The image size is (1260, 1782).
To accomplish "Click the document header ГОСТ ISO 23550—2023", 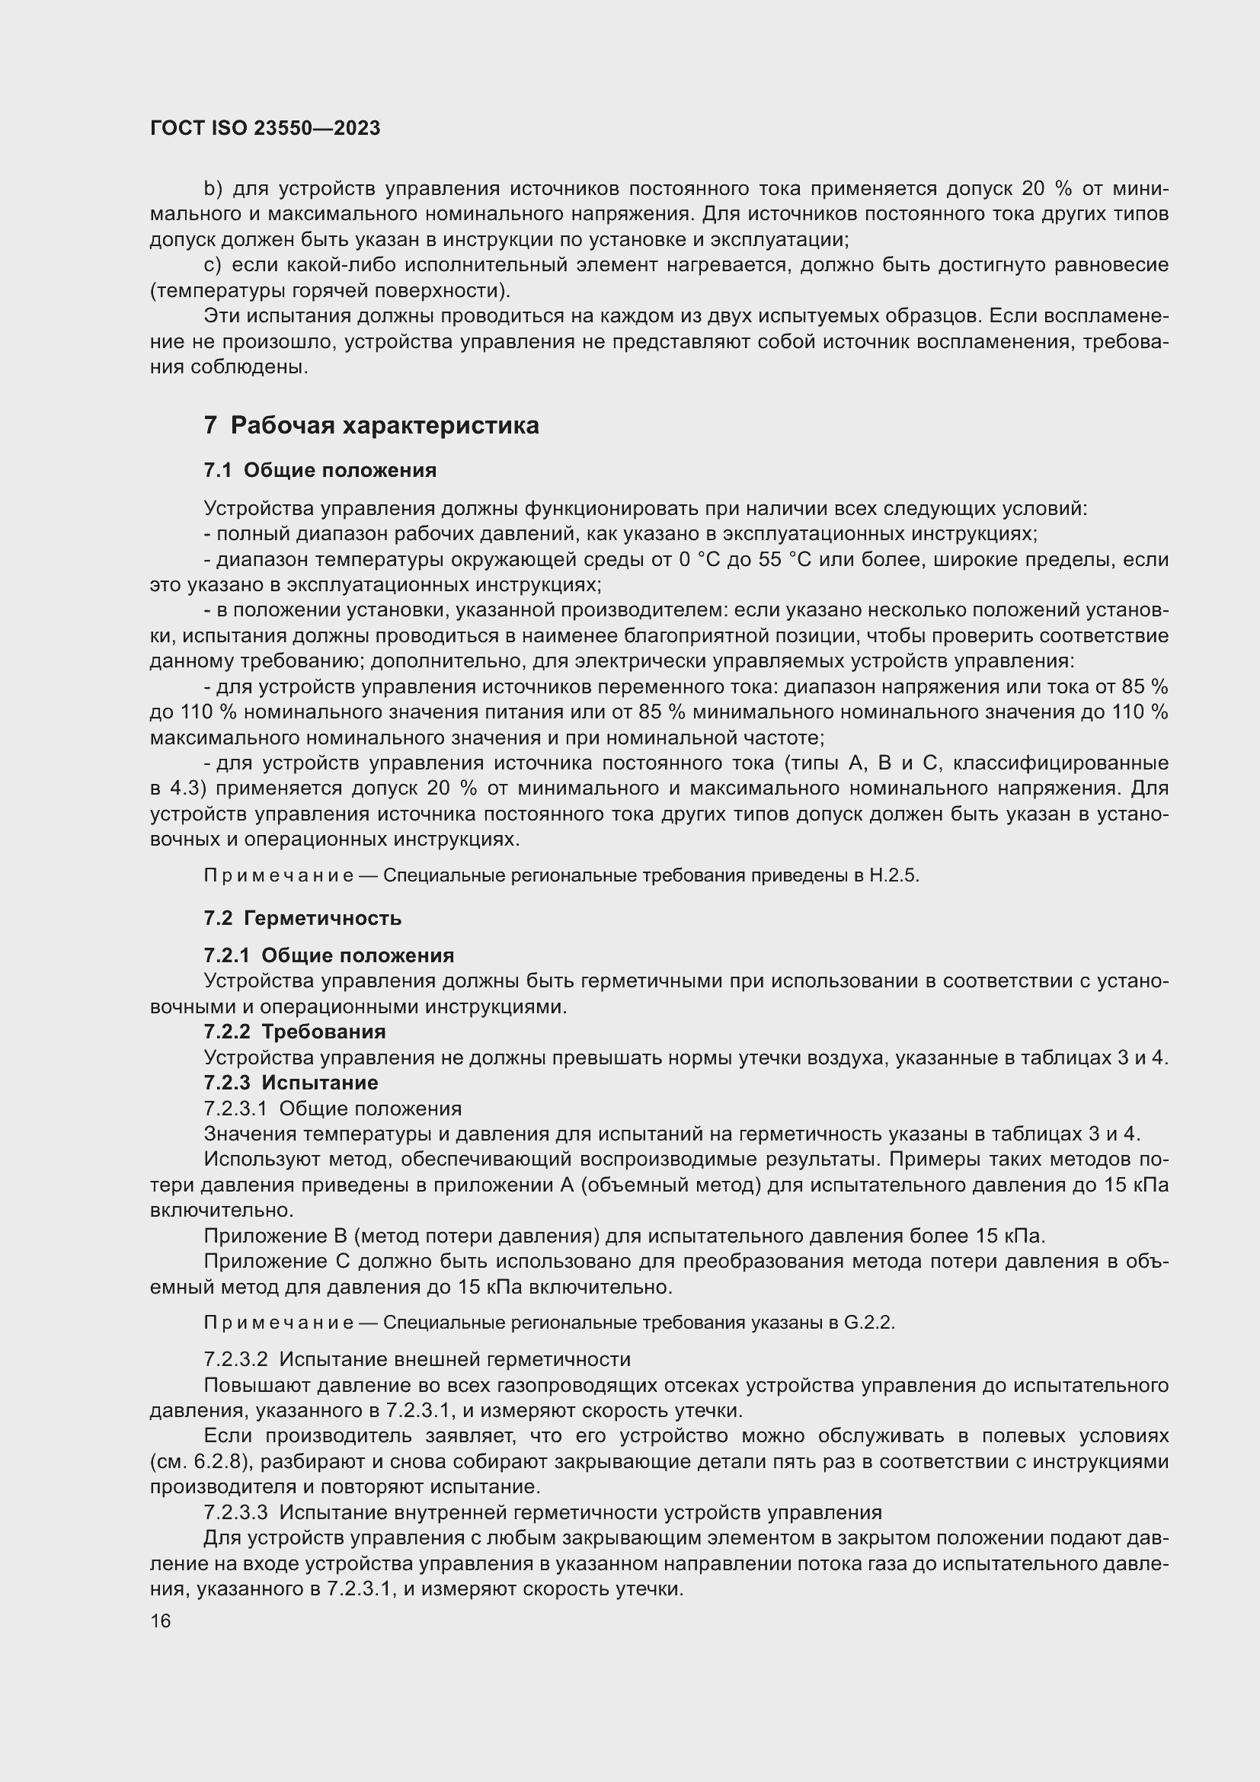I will tap(265, 128).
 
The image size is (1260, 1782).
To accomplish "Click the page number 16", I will tap(161, 1620).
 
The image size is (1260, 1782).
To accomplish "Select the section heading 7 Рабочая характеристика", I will tap(371, 425).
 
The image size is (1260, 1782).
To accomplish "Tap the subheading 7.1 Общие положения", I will tap(320, 470).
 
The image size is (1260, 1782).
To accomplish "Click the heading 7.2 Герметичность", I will tap(302, 918).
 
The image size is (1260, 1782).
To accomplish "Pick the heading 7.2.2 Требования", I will tap(294, 1032).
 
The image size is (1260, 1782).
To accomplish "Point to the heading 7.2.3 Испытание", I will tap(291, 1082).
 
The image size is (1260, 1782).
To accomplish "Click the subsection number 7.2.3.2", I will tap(236, 1360).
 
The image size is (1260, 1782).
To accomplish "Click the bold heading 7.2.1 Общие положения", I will tap(329, 955).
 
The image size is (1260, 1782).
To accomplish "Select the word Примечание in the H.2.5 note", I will tap(278, 875).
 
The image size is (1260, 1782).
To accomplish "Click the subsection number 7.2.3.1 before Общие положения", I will tap(236, 1109).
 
